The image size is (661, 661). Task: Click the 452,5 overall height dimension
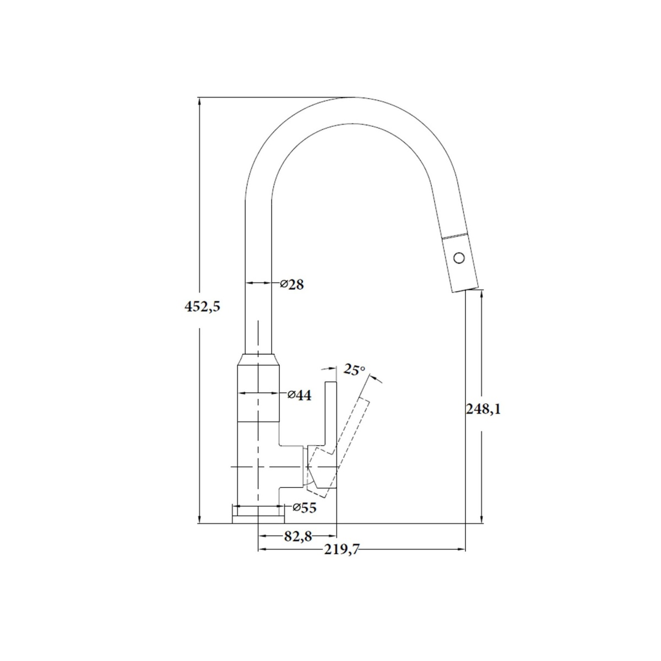[x=202, y=306]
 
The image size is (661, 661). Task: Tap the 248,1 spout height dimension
[x=483, y=409]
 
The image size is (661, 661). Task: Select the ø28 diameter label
[x=291, y=284]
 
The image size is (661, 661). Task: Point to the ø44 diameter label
[x=299, y=395]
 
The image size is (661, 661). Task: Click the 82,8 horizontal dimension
[x=298, y=537]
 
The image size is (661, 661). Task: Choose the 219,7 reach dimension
[x=342, y=550]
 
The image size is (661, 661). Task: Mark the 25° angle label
[x=354, y=369]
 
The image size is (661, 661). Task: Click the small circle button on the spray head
[x=459, y=257]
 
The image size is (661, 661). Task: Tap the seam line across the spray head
[x=455, y=236]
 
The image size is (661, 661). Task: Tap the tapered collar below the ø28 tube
[x=258, y=359]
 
